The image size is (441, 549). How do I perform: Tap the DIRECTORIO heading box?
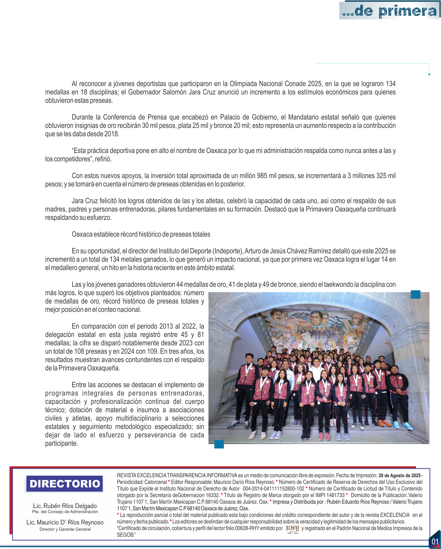pyautogui.click(x=65, y=484)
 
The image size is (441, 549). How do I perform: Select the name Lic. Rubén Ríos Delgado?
pyautogui.click(x=65, y=506)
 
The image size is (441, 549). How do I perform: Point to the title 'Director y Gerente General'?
pyautogui.click(x=65, y=529)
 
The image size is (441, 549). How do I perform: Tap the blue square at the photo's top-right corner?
pyautogui.click(x=415, y=294)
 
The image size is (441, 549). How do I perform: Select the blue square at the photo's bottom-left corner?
pyautogui.click(x=219, y=444)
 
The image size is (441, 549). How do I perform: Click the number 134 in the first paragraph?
pyautogui.click(x=391, y=84)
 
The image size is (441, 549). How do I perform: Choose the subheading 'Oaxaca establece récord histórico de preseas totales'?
pyautogui.click(x=141, y=234)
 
